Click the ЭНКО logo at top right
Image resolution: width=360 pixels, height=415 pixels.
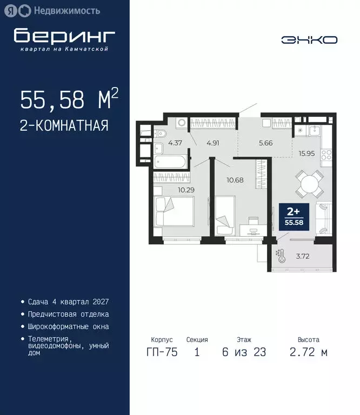pyautogui.click(x=310, y=39)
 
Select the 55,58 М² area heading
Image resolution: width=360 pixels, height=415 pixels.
pyautogui.click(x=69, y=99)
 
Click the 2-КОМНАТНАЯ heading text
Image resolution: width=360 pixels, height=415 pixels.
pyautogui.click(x=64, y=126)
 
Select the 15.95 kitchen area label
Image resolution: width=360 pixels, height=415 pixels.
pyautogui.click(x=307, y=153)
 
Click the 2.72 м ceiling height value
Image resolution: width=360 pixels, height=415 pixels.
pyautogui.click(x=309, y=352)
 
